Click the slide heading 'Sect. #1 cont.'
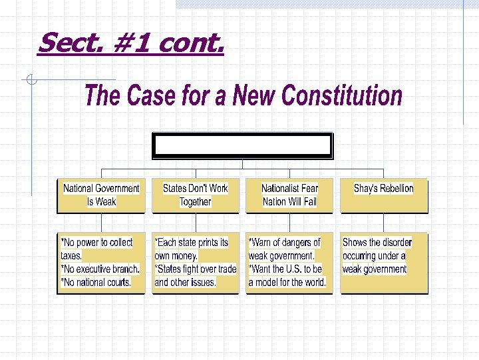tap(131, 44)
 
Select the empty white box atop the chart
tap(242, 145)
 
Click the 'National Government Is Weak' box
tap(101, 195)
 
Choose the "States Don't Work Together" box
tap(195, 195)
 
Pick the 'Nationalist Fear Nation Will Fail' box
tap(289, 195)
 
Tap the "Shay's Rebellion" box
tap(384, 195)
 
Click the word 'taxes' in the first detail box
tap(71, 256)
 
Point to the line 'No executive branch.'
tap(100, 269)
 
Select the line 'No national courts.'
tap(96, 283)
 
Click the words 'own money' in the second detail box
tap(176, 256)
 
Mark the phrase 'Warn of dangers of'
tap(284, 243)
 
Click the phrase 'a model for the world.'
tap(287, 283)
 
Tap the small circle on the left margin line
tap(31, 81)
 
